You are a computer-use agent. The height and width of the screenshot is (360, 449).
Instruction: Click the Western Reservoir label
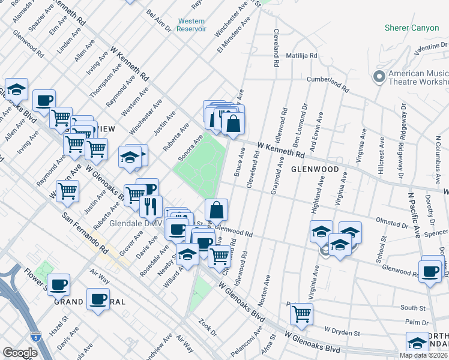[x=192, y=25]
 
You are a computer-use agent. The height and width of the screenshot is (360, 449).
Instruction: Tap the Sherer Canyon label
[x=412, y=28]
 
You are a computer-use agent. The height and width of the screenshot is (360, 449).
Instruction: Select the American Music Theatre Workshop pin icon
[x=379, y=77]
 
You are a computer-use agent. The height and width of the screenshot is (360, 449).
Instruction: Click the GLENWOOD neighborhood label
[x=315, y=169]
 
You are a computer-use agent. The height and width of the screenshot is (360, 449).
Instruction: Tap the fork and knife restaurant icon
[x=151, y=206]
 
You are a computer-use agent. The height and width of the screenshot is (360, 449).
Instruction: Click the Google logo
[x=20, y=353]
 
